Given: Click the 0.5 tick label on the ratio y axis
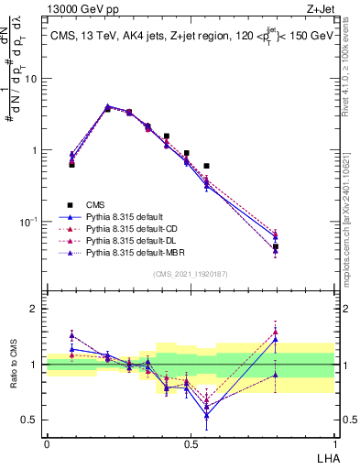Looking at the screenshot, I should [31, 420].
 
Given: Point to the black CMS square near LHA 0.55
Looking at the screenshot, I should [207, 166].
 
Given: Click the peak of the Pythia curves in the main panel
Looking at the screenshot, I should [108, 107].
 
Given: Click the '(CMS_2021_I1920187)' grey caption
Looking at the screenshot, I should [191, 274].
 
